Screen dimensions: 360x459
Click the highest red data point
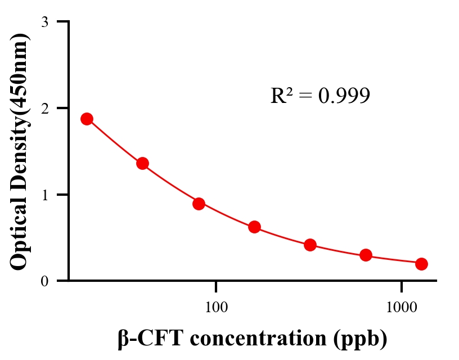point(87,119)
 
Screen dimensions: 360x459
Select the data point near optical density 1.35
point(142,164)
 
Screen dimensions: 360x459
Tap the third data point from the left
point(199,204)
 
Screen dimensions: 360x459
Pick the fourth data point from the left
point(254,227)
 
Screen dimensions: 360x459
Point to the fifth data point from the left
point(310,245)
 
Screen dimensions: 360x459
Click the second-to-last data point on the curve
point(366,255)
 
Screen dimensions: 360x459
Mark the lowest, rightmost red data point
point(421,264)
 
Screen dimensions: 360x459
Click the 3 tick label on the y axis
point(44,22)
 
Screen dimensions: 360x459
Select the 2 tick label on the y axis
point(44,108)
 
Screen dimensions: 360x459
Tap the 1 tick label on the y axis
point(44,195)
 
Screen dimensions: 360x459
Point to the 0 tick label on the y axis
point(44,281)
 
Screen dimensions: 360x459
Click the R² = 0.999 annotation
point(320,96)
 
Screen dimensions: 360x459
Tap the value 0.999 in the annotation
point(344,96)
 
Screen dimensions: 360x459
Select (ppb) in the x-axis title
point(360,340)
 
